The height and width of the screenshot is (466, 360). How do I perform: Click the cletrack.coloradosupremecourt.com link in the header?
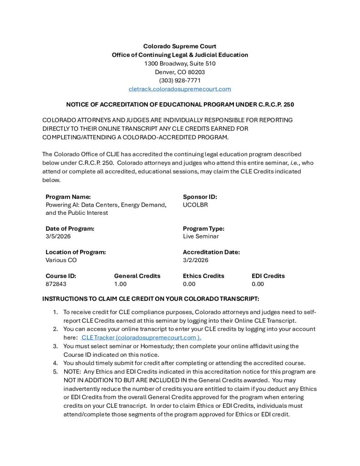tap(180, 89)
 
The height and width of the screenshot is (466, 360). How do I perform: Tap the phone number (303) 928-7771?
tap(180, 80)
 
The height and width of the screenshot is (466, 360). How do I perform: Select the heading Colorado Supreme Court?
tap(180, 46)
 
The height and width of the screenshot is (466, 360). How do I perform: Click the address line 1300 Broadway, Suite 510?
tap(180, 63)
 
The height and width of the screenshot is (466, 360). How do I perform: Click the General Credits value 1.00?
tap(121, 284)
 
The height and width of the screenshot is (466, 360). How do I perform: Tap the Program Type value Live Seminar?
tap(201, 236)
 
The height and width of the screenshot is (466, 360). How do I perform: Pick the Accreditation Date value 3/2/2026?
tap(196, 260)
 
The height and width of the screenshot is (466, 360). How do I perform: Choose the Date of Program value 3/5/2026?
tap(58, 236)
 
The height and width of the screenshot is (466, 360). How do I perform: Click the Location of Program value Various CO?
tap(61, 260)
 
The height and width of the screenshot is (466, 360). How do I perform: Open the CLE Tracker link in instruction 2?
tap(141, 338)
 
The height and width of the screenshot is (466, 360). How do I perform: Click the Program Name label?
tap(68, 197)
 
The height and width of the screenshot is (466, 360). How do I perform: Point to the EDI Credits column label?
tap(268, 276)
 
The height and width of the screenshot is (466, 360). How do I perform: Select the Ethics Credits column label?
tap(203, 276)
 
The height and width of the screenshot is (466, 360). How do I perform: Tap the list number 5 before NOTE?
tap(55, 371)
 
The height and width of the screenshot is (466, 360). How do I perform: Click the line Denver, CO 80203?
tap(180, 72)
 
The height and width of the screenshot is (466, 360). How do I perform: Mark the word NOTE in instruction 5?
tap(72, 371)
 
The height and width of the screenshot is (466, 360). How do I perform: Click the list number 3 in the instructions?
tap(55, 346)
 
